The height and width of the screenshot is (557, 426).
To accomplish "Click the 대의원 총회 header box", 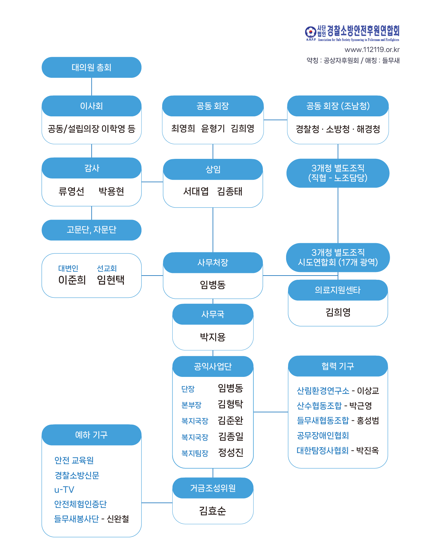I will click(x=92, y=67).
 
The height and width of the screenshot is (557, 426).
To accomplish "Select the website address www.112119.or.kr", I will click(x=372, y=50).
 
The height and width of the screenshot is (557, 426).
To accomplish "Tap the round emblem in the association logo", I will click(x=310, y=32).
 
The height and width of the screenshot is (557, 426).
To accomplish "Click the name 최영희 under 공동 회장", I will click(x=183, y=128).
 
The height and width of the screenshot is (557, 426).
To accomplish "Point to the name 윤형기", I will click(x=213, y=128).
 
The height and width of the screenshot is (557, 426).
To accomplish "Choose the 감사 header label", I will click(x=92, y=168).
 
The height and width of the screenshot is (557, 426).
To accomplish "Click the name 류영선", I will click(x=71, y=191).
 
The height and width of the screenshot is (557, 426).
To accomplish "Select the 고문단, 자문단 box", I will click(x=92, y=230).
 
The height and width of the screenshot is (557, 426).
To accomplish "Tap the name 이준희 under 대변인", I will click(x=72, y=280).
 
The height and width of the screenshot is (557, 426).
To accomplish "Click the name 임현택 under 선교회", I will click(x=111, y=280).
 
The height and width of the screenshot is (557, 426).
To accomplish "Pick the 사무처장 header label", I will click(x=213, y=262).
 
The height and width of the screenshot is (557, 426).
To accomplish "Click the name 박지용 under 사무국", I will click(x=213, y=337).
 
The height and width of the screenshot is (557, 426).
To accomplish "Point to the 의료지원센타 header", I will click(x=338, y=290).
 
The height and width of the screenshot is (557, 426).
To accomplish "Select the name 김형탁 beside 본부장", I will click(x=230, y=404).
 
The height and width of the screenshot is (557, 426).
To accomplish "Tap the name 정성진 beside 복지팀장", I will click(x=230, y=453).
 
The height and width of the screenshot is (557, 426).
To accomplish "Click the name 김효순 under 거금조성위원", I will click(x=213, y=511).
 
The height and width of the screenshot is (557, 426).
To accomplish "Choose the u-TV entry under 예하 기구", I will click(x=64, y=490).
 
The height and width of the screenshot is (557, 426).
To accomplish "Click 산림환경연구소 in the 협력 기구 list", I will click(x=323, y=391).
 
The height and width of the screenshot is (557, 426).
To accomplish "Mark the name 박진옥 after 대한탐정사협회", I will click(x=367, y=450).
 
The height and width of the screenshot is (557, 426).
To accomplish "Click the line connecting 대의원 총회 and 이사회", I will click(x=92, y=87).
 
